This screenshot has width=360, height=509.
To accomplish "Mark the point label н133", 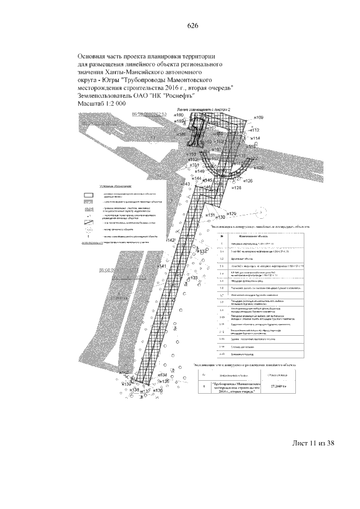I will pyautogui.click(x=192, y=278).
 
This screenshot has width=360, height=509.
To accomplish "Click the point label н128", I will pyautogui.click(x=236, y=188).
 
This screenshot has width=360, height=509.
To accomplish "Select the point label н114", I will pyautogui.click(x=254, y=138).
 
